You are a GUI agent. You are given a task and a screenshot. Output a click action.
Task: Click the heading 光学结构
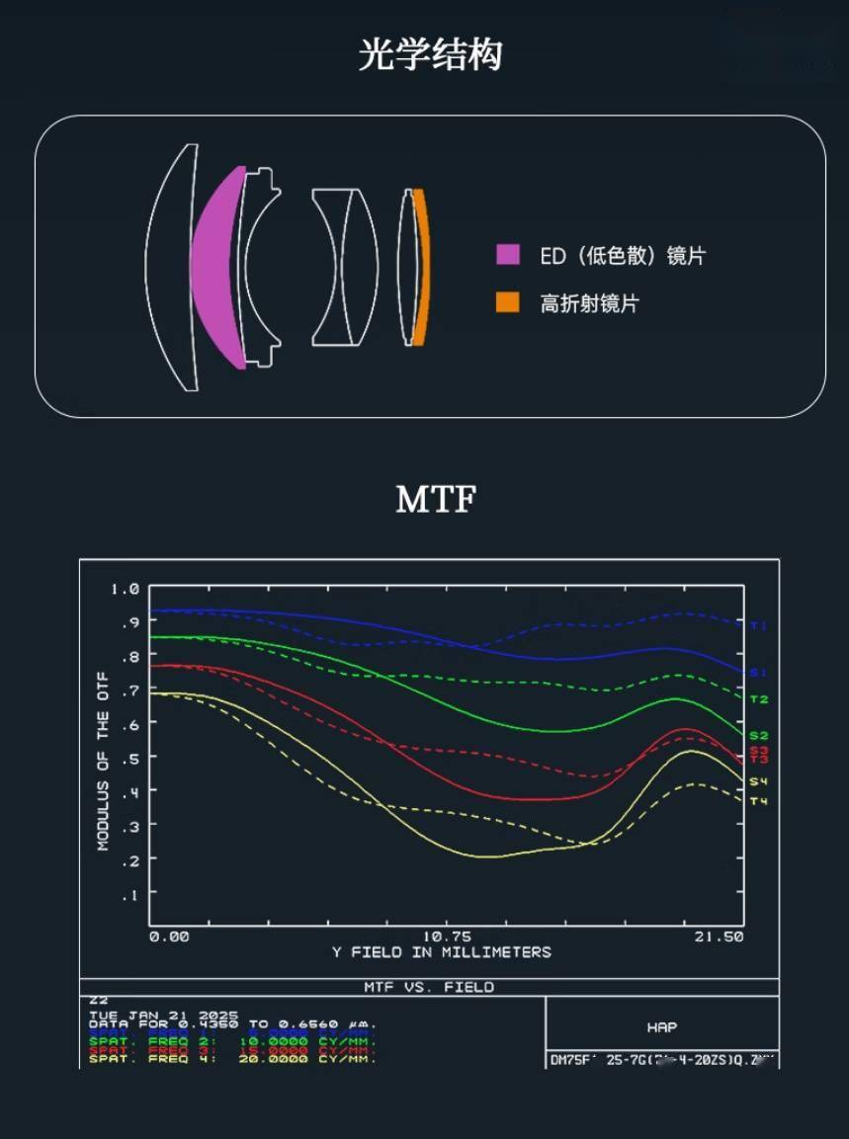coord(430,54)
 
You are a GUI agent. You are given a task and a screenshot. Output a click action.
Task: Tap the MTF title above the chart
coord(435,500)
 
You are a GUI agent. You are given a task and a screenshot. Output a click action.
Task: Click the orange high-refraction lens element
coord(420,267)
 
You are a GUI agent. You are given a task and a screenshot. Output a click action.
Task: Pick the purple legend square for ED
coord(507,254)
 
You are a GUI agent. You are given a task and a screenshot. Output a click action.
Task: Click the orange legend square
coord(507,302)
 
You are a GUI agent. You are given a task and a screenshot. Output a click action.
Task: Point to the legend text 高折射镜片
coord(589,303)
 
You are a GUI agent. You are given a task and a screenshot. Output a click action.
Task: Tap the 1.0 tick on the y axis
coord(126,589)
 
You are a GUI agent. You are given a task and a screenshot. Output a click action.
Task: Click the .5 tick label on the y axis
coord(130,758)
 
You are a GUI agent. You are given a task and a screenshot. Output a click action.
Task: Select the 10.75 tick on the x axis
coord(447,936)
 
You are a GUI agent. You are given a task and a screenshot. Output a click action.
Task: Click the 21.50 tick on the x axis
coord(718,936)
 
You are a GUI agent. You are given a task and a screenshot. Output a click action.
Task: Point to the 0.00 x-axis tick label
coord(169,936)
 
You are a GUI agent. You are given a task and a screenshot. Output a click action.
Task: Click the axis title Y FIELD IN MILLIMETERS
coord(441,952)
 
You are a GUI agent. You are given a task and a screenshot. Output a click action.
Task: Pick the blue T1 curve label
coord(758,625)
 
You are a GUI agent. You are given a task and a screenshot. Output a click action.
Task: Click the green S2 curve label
coord(758,736)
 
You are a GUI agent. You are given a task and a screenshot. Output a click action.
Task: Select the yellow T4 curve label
coord(758,800)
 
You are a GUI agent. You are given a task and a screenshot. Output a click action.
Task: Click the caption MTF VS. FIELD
coord(429,987)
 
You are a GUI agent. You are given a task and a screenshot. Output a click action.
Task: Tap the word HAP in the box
coord(662,1027)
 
